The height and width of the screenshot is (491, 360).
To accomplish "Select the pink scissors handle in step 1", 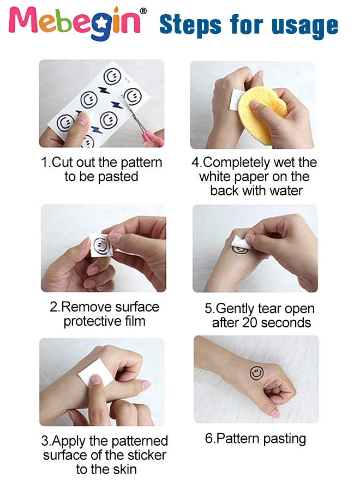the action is tap(153, 139).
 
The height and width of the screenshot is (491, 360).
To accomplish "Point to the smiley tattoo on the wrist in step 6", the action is tap(256, 373).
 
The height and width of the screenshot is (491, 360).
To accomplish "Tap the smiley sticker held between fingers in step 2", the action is tap(101, 245).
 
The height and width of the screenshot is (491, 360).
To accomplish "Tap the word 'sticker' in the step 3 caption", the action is tap(147, 455).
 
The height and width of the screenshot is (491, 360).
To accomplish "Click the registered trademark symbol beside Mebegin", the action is tap(143, 11).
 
